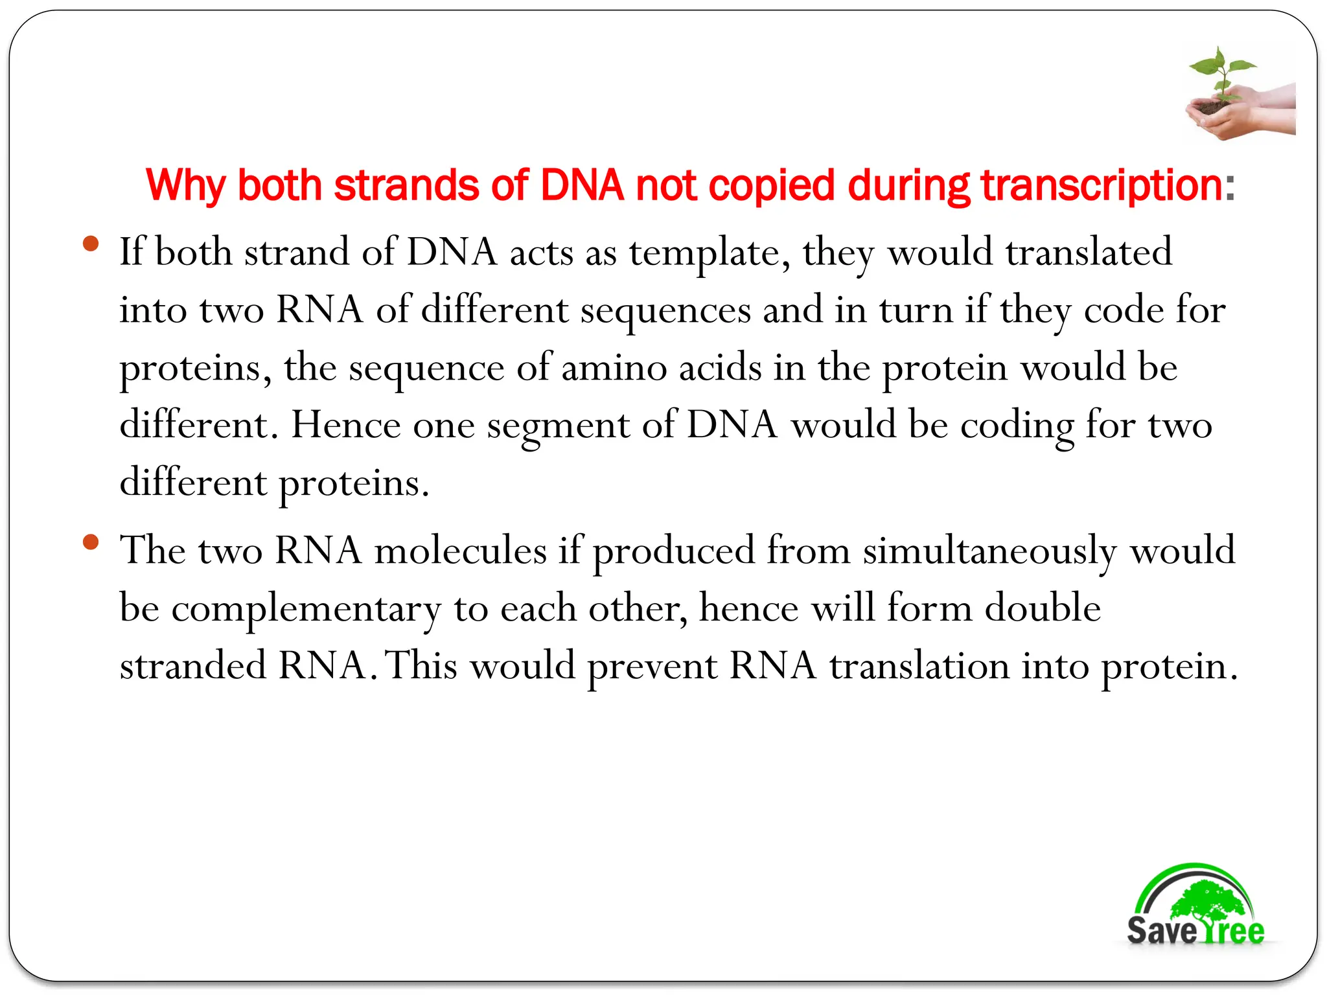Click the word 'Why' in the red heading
pyautogui.click(x=186, y=186)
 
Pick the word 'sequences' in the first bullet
pyautogui.click(x=665, y=310)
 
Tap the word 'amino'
pyautogui.click(x=614, y=368)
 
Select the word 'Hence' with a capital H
pyautogui.click(x=346, y=426)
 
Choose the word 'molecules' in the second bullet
pyautogui.click(x=460, y=551)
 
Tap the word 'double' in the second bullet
pyautogui.click(x=1043, y=609)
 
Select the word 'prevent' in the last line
pyautogui.click(x=652, y=667)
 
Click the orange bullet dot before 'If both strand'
pyautogui.click(x=91, y=244)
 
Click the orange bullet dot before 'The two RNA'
pyautogui.click(x=91, y=542)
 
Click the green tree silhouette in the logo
pyautogui.click(x=1205, y=901)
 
